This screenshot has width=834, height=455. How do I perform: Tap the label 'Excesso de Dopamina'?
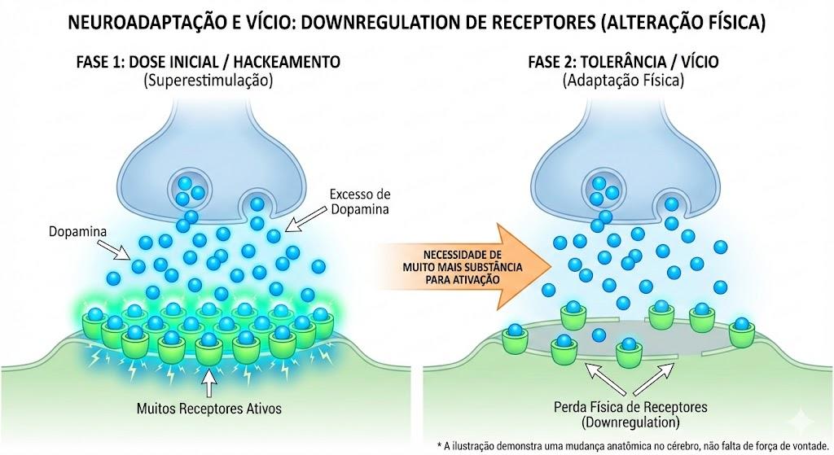pos(359,202)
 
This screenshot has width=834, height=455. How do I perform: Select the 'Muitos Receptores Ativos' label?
pos(209,409)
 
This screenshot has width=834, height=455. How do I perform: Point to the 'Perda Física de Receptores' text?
pos(631,407)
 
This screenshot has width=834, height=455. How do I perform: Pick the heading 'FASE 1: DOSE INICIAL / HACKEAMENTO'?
pos(208,62)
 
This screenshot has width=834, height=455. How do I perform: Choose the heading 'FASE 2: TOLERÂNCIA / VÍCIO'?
pos(623,62)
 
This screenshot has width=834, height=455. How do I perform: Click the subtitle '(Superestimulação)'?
pos(208,81)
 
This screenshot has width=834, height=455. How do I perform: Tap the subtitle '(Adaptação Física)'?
pos(623,81)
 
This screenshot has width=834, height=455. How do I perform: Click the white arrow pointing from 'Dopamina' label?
pos(114,250)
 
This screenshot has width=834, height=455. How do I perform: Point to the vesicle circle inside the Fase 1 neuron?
pos(189,190)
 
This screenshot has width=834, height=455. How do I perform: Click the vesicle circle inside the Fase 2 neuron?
pos(604,190)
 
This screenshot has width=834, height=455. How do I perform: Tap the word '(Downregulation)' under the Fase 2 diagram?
pos(631,423)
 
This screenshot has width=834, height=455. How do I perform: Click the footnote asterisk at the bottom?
pos(439,445)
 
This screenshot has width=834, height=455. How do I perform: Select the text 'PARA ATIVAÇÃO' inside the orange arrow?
pos(463,279)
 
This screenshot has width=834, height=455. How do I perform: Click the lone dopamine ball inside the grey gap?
pos(599,335)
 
